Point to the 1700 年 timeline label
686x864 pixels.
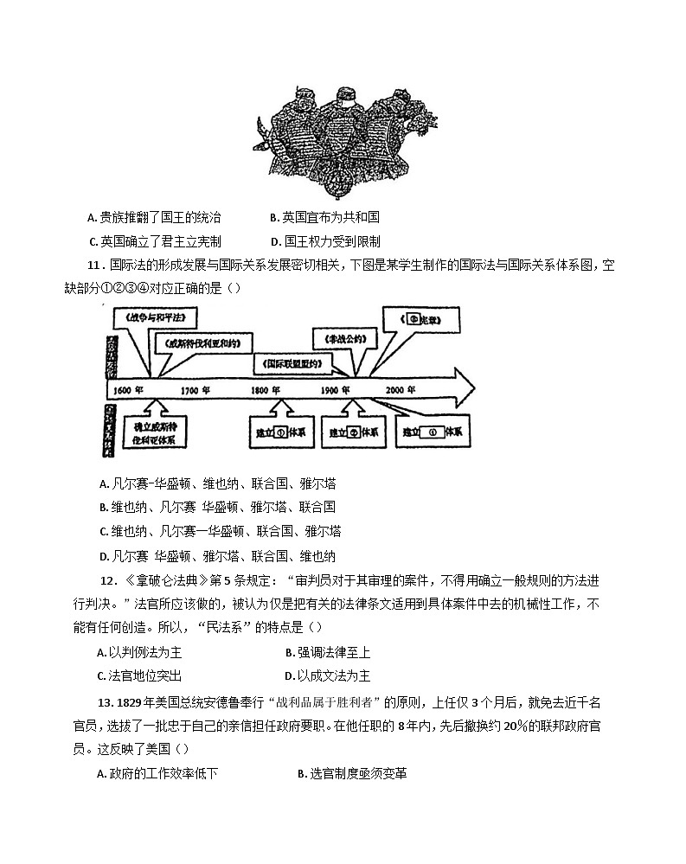pos(197,390)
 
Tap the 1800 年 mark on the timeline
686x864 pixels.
pos(266,390)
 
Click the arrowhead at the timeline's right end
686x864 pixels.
pos(465,381)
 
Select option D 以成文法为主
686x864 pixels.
pos(327,675)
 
